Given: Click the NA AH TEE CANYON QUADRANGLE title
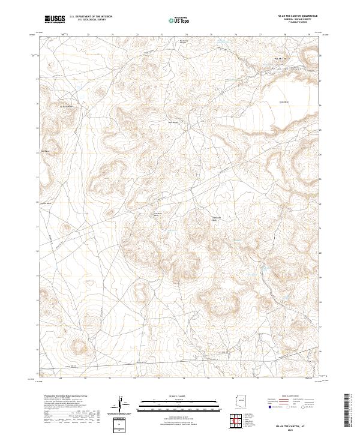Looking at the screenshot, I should (292, 16).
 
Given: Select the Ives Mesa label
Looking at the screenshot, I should (44, 151).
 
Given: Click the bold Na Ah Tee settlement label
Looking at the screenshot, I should (280, 58).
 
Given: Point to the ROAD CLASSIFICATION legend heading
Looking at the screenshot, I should (292, 396).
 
